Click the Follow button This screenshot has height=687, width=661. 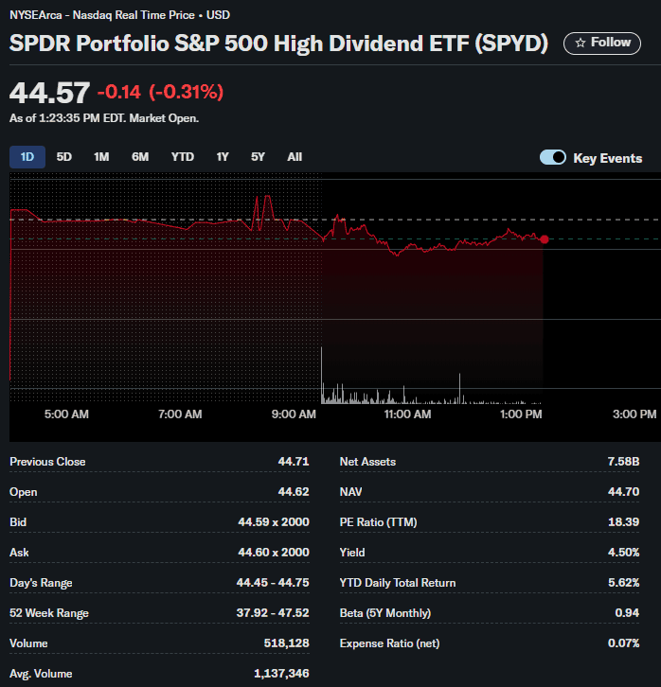pos(601,43)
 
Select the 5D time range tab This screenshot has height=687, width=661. pos(64,157)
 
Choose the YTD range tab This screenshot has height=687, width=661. pos(182,157)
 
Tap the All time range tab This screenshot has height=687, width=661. pos(295,157)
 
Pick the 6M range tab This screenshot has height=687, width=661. pos(140,157)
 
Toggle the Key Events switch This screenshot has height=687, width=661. pos(553,158)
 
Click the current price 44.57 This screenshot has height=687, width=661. pos(49,93)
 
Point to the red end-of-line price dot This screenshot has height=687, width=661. pos(544,239)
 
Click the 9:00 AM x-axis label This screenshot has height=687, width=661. pos(294,414)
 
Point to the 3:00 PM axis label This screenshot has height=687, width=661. pos(634,414)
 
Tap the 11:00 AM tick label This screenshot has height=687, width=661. pos(407,414)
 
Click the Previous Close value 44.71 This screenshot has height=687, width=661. pos(294,462)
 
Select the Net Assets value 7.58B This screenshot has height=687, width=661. pos(623,462)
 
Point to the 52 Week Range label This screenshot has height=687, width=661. pos(49,613)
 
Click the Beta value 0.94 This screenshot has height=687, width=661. pos(627,613)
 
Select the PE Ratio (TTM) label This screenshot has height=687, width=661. pos(378,522)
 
